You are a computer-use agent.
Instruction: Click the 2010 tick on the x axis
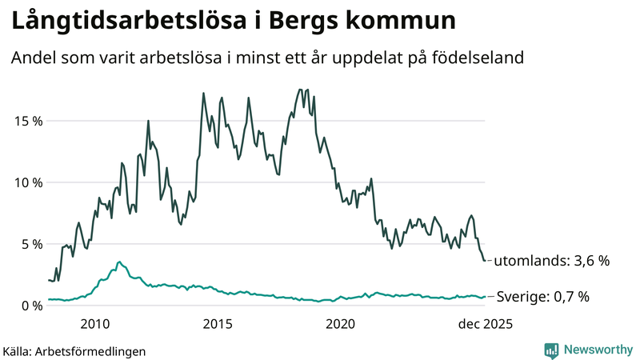click(x=94, y=324)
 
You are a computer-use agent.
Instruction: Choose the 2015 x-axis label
click(x=218, y=324)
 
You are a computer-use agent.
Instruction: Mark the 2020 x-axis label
click(x=341, y=324)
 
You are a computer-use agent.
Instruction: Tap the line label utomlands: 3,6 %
click(x=551, y=261)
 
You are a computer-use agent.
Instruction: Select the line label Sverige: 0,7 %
click(x=543, y=297)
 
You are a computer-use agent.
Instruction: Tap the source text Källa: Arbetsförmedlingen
click(x=74, y=350)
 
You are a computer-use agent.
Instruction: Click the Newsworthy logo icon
click(x=551, y=350)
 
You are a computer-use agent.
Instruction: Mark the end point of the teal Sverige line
click(x=485, y=297)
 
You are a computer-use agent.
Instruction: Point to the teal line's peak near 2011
click(x=119, y=262)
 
